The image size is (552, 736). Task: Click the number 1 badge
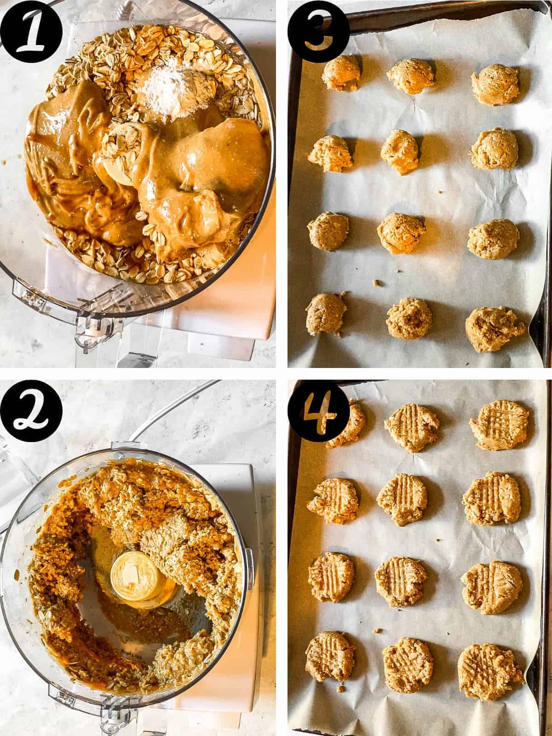click(32, 32)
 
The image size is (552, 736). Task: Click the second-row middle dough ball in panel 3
click(399, 150)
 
